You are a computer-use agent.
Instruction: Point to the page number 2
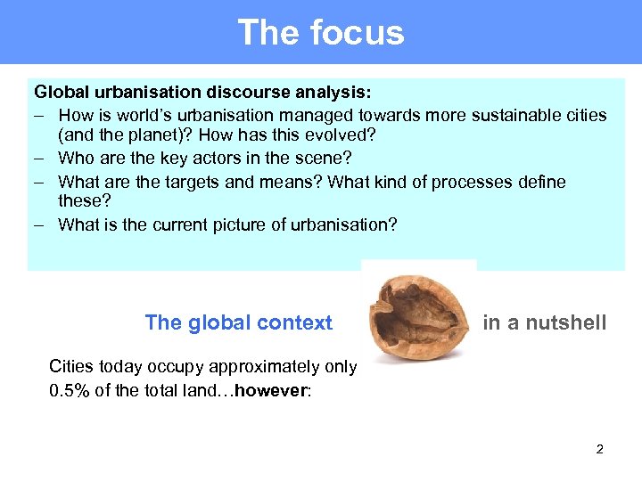[x=599, y=449]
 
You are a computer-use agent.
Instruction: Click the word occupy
[x=166, y=367]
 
